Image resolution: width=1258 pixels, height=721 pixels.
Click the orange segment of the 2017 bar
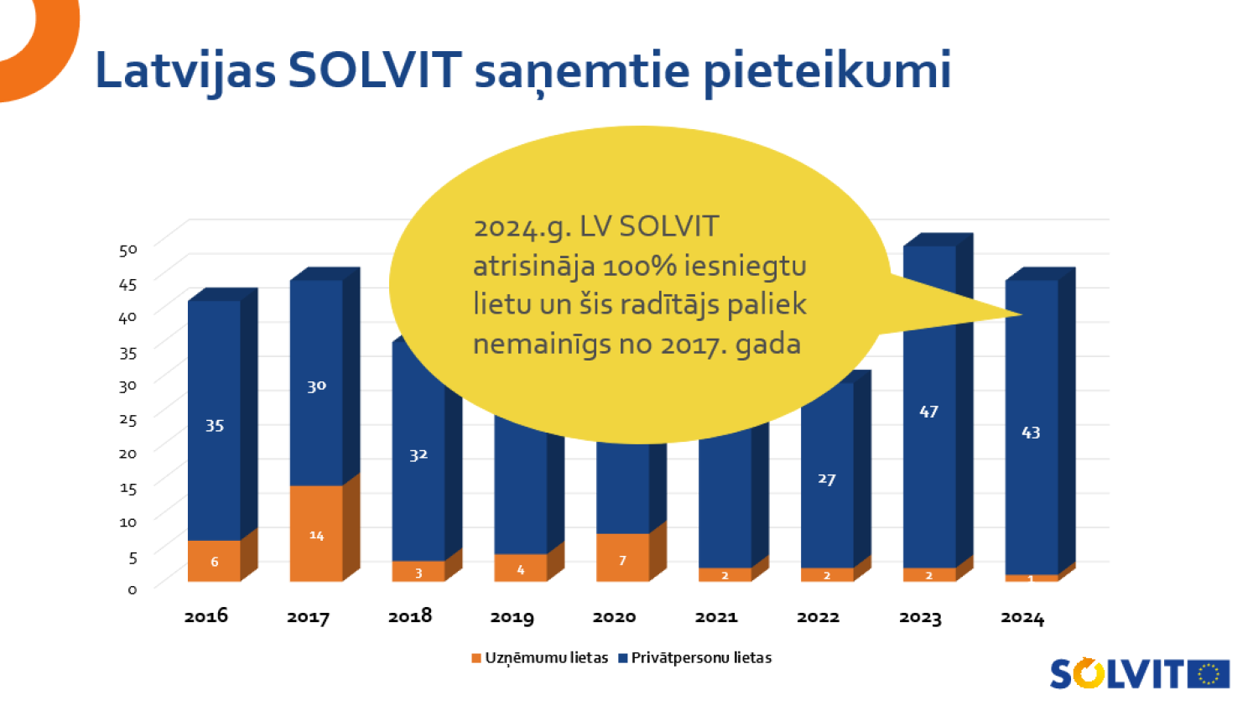click(316, 533)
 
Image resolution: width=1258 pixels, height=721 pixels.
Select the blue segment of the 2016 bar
click(214, 419)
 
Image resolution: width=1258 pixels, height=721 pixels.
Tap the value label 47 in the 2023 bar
click(928, 412)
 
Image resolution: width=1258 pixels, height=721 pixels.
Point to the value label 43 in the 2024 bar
click(1031, 433)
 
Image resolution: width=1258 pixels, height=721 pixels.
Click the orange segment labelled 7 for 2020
click(622, 558)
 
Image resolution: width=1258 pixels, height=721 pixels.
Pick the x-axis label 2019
click(512, 618)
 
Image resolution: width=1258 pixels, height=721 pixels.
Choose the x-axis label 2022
click(818, 617)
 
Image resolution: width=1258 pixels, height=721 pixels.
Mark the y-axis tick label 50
click(127, 250)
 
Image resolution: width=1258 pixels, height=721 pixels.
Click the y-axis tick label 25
click(127, 419)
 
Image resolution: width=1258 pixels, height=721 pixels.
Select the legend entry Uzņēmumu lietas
click(540, 658)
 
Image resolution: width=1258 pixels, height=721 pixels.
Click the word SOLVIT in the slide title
click(374, 70)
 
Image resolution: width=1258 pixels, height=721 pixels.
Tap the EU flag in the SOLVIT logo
click(1209, 674)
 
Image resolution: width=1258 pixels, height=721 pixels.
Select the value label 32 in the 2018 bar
click(418, 455)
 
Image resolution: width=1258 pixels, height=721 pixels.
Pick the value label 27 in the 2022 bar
click(827, 479)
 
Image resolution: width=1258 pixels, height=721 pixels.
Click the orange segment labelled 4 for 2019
click(520, 568)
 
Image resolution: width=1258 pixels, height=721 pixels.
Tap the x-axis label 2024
click(1022, 618)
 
